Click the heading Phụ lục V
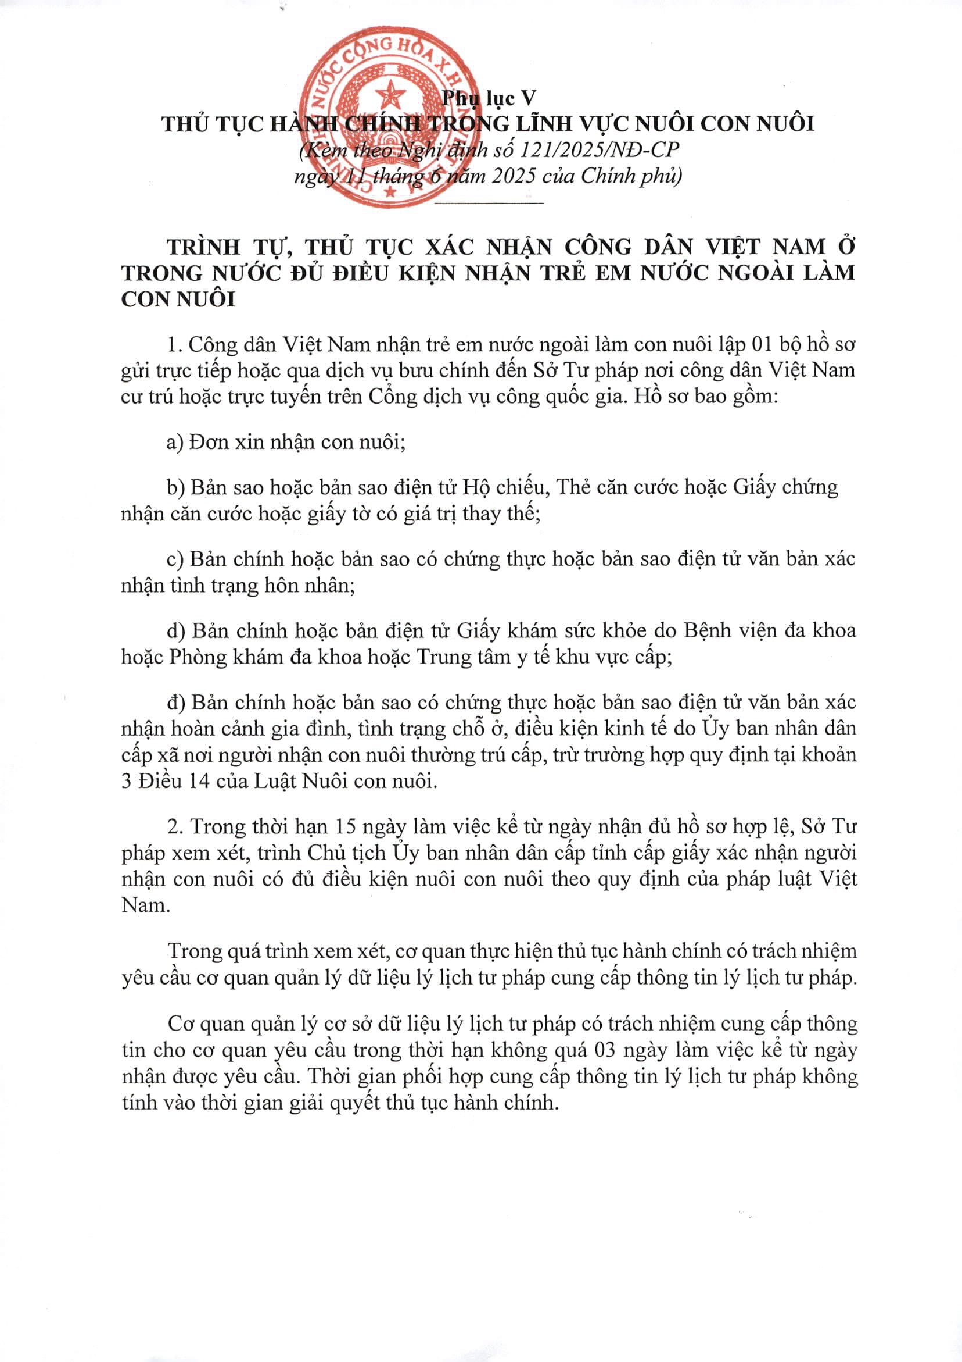(x=489, y=98)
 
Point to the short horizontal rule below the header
(x=489, y=204)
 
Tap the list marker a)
(x=175, y=442)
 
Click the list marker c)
(x=175, y=559)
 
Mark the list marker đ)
(x=176, y=703)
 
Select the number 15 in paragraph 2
(x=347, y=826)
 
